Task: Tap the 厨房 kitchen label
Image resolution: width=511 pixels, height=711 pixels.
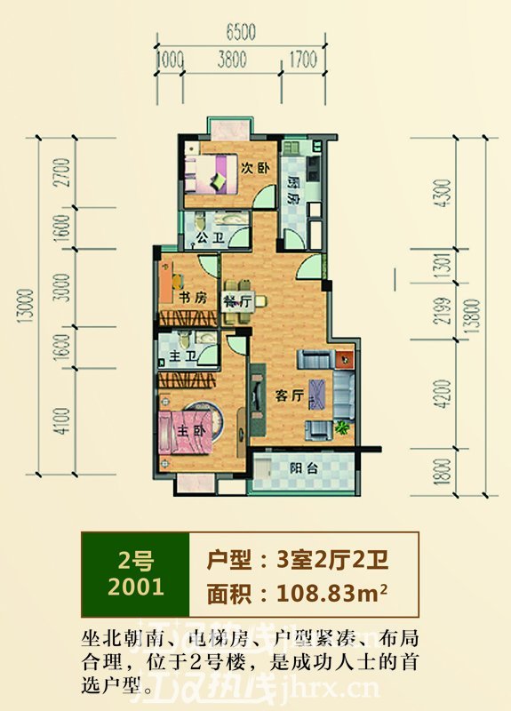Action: click(x=292, y=189)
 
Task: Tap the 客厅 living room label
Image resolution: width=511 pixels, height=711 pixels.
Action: click(x=286, y=397)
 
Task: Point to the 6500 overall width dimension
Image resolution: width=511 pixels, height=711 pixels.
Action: click(x=241, y=33)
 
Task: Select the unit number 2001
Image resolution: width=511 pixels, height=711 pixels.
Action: click(x=134, y=587)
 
